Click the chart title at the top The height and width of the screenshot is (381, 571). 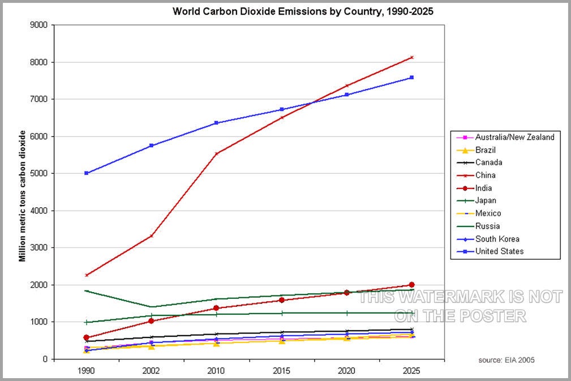(303, 11)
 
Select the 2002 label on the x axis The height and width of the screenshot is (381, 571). (151, 370)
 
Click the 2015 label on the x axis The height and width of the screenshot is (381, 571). (281, 370)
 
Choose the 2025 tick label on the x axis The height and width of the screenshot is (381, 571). (411, 370)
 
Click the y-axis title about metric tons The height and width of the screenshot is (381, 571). (23, 196)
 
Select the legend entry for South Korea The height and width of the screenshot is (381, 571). (497, 238)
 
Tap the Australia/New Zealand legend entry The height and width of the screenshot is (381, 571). (514, 137)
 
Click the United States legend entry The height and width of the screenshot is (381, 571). (499, 251)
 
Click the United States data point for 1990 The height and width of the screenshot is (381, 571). (87, 173)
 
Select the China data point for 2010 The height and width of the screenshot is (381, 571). (216, 154)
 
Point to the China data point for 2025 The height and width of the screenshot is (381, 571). (411, 57)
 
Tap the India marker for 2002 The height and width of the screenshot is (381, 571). (151, 321)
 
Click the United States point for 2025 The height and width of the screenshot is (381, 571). (411, 78)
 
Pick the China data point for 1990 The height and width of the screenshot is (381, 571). (87, 275)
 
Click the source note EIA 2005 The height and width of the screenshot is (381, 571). (506, 359)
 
